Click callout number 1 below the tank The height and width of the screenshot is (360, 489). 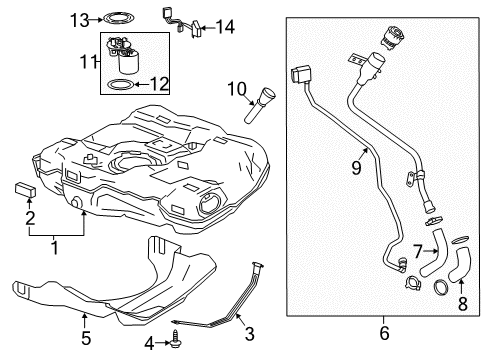[x=52, y=243]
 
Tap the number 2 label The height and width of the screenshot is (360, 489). [x=29, y=217]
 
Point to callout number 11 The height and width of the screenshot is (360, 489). [x=85, y=62]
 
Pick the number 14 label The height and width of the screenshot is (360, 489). [x=226, y=28]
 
